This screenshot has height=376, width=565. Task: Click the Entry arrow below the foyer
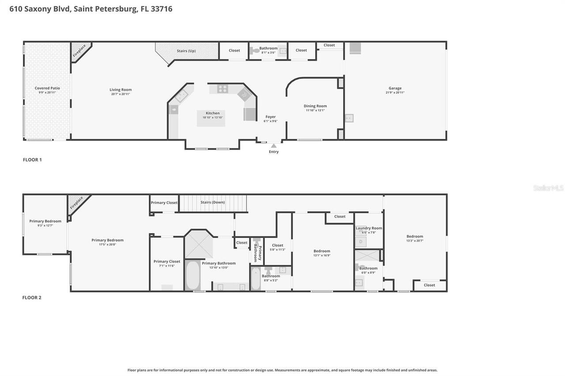coord(274,145)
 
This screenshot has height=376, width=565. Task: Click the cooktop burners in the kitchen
coord(222,89)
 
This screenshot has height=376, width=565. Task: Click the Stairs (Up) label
coord(186,51)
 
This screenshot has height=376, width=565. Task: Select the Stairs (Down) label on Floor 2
coord(212,202)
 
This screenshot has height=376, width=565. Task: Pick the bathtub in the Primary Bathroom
coord(192,275)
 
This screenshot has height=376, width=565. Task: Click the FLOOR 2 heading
coord(32,298)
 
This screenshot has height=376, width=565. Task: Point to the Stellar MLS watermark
coord(548,188)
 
